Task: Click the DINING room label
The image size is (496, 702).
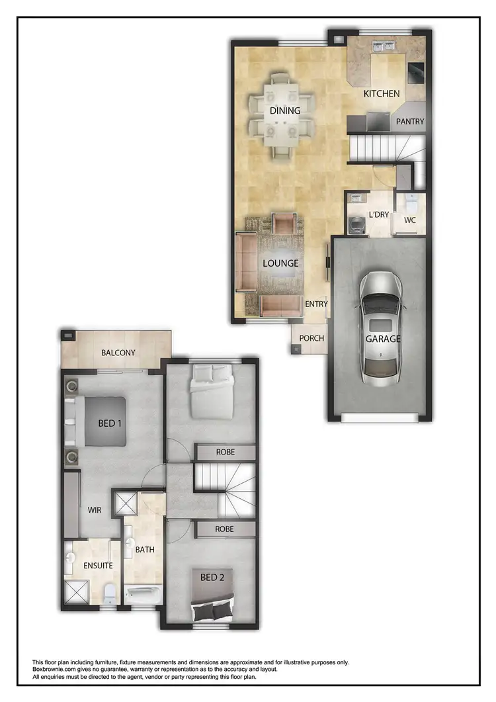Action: [x=285, y=110]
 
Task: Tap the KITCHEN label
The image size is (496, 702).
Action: [x=382, y=94]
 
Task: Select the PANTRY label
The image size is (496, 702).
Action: [x=410, y=122]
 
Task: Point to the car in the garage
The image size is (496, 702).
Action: [x=381, y=326]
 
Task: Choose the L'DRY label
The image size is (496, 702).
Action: [x=379, y=214]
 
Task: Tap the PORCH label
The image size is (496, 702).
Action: [x=311, y=338]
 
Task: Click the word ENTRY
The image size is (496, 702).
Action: [x=316, y=304]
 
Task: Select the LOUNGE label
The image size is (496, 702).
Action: [x=280, y=263]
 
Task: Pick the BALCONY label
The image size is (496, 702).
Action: [x=118, y=353]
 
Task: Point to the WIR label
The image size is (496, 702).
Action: [x=95, y=511]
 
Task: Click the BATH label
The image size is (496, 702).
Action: [x=144, y=550]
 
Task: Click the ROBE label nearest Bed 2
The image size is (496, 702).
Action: [x=225, y=529]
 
